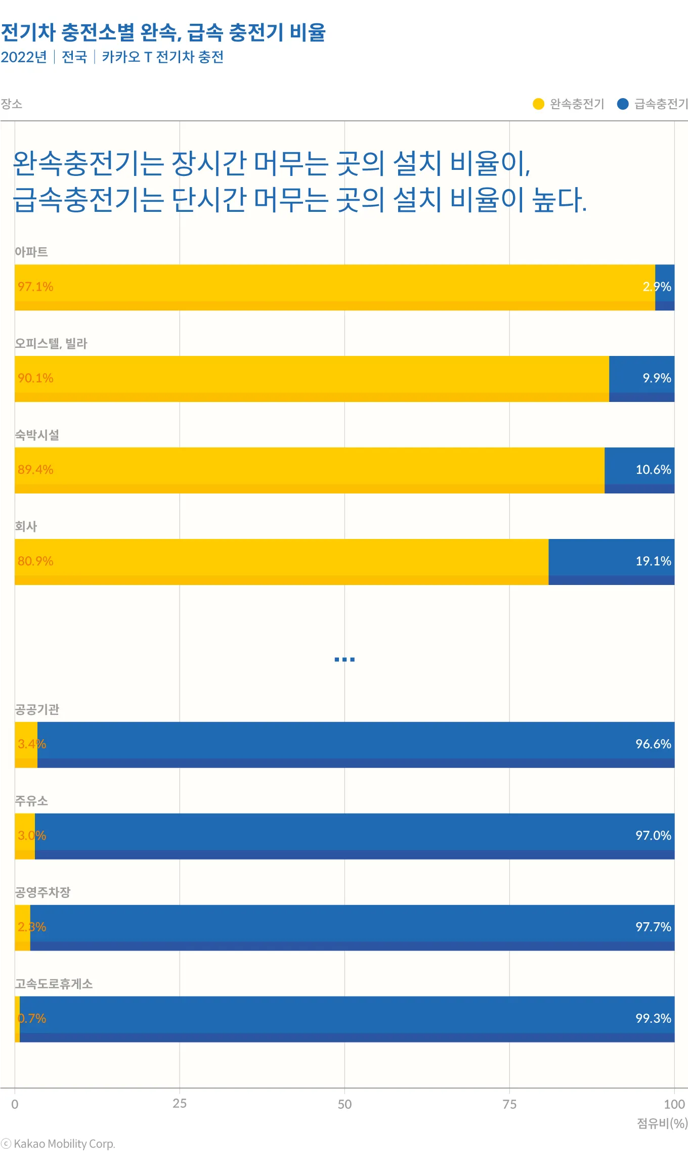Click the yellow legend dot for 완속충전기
[538, 104]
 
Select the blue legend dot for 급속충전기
[623, 104]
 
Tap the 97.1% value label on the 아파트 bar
[35, 287]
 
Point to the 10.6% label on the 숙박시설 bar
[653, 470]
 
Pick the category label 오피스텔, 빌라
[51, 344]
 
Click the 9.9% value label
[657, 378]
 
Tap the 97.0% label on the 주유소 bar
[653, 836]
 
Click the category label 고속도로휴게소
[54, 984]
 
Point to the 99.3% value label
[653, 1018]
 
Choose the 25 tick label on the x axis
[180, 1104]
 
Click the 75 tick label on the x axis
[509, 1104]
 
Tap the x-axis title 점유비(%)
[662, 1123]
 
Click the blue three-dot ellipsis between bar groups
[345, 659]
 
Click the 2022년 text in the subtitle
[24, 57]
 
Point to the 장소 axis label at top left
[11, 104]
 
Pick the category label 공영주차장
[42, 892]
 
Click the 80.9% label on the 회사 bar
[35, 561]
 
